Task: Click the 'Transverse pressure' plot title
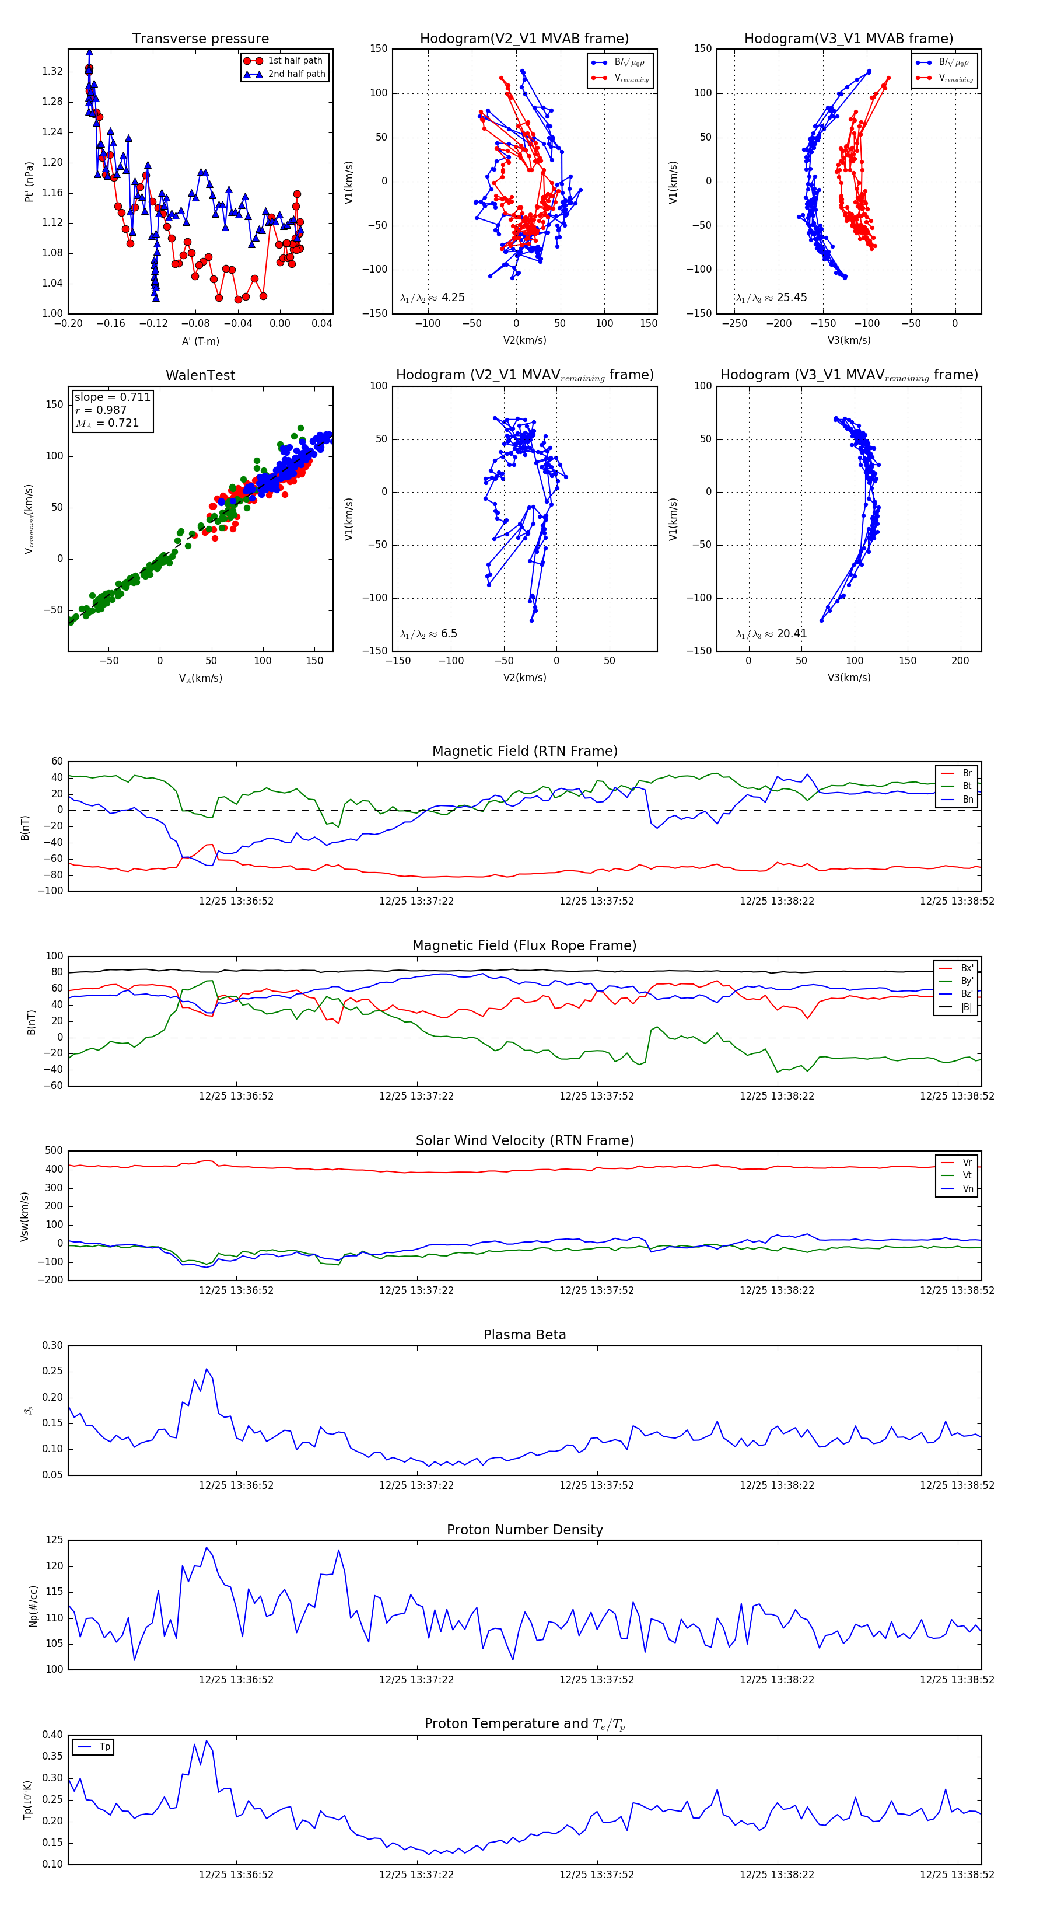click(200, 39)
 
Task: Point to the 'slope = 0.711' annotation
click(112, 397)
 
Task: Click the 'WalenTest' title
click(200, 375)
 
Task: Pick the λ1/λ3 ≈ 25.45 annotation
click(771, 298)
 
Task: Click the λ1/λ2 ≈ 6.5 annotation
click(428, 634)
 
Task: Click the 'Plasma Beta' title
click(524, 1335)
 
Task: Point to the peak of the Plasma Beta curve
click(207, 1369)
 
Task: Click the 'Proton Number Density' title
click(524, 1530)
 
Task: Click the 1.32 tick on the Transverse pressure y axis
click(52, 72)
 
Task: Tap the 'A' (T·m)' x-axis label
click(200, 341)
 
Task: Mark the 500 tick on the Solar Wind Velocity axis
click(54, 1151)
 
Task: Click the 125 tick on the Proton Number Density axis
click(54, 1540)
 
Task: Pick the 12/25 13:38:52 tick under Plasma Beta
click(957, 1485)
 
